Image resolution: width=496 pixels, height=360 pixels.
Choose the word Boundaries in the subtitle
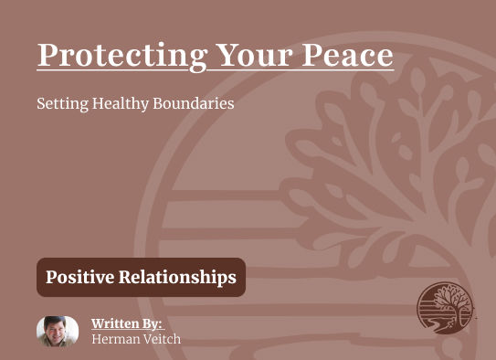pyautogui.click(x=195, y=103)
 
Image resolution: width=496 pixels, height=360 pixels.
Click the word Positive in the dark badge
pyautogui.click(x=79, y=277)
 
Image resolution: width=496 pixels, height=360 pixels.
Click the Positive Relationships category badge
pyautogui.click(x=141, y=277)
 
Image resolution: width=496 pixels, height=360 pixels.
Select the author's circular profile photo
pyautogui.click(x=58, y=331)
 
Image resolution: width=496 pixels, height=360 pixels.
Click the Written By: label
pyautogui.click(x=126, y=323)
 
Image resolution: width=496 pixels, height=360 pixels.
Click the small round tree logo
pyautogui.click(x=445, y=308)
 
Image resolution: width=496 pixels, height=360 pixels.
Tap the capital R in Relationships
pyautogui.click(x=125, y=277)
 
